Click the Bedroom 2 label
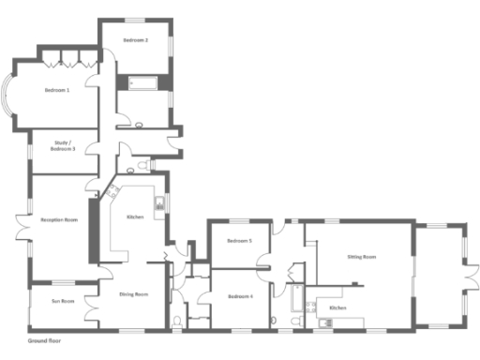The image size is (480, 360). pos(137,41)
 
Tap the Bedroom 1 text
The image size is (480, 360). pos(56,90)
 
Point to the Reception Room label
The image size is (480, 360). pos(58,219)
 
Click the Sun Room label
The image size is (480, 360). pos(62,301)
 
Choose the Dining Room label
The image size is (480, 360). pos(133,295)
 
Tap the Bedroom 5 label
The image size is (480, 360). pos(239,241)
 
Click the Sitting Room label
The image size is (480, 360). pos(361,256)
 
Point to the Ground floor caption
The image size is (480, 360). pos(44,340)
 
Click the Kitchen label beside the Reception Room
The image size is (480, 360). pos(135,217)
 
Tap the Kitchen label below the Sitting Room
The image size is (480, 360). pos(337,307)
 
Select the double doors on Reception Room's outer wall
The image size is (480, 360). pos(22,231)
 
